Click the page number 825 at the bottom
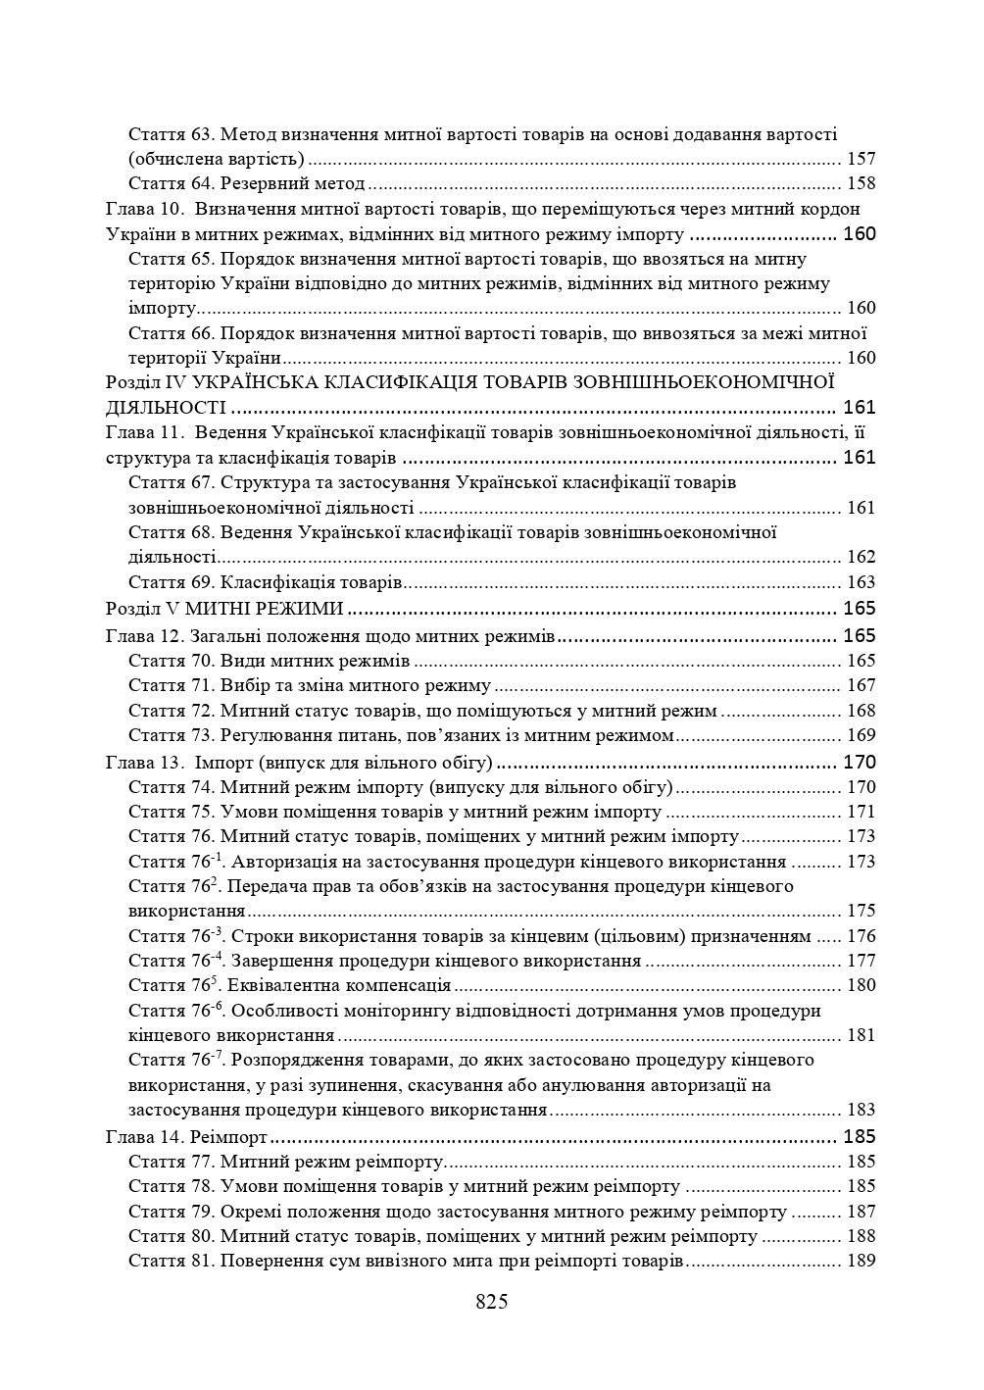pyautogui.click(x=491, y=1302)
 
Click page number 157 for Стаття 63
pyautogui.click(x=860, y=159)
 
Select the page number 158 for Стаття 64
pyautogui.click(x=860, y=183)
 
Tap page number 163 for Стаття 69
pyautogui.click(x=860, y=582)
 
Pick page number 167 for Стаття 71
pyautogui.click(x=860, y=685)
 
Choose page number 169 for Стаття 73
pyautogui.click(x=860, y=735)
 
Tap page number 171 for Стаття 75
pyautogui.click(x=860, y=812)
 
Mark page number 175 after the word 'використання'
pyautogui.click(x=860, y=911)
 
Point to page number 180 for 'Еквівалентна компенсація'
pyautogui.click(x=860, y=985)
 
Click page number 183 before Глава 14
pyautogui.click(x=860, y=1110)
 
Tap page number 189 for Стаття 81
pyautogui.click(x=860, y=1261)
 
